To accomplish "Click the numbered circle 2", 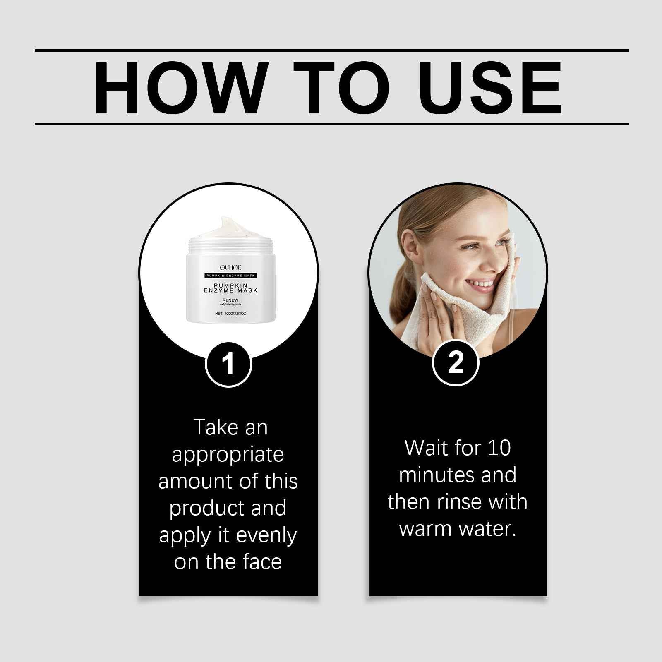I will pyautogui.click(x=456, y=363).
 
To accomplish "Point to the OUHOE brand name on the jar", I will pyautogui.click(x=230, y=268).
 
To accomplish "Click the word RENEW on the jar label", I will pyautogui.click(x=230, y=300).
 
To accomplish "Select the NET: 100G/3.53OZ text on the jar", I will pyautogui.click(x=230, y=314).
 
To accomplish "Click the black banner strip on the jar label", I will pyautogui.click(x=230, y=275).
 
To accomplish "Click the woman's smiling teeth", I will pyautogui.click(x=480, y=284).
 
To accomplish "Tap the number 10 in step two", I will pyautogui.click(x=499, y=448).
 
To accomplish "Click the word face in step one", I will pyautogui.click(x=262, y=562).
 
